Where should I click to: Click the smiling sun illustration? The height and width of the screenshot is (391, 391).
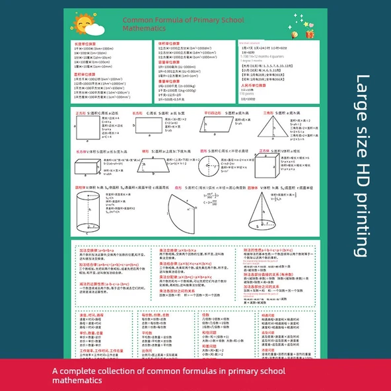(86, 25)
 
